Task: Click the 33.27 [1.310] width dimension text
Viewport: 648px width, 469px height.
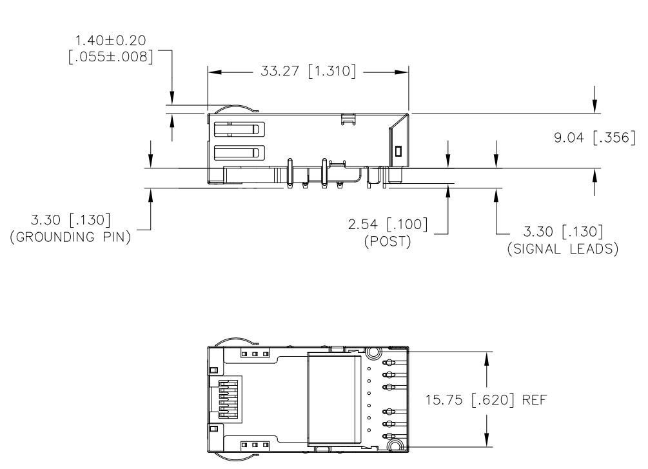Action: pos(308,72)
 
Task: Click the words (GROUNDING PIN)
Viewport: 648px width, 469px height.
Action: pos(72,237)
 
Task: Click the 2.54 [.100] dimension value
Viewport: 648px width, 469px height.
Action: pos(393,225)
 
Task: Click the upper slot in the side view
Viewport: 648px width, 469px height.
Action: pos(237,128)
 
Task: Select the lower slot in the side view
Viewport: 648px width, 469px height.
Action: pos(237,153)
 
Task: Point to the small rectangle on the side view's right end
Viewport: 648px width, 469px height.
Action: pos(398,151)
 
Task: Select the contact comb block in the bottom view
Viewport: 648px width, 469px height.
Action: pos(225,400)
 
